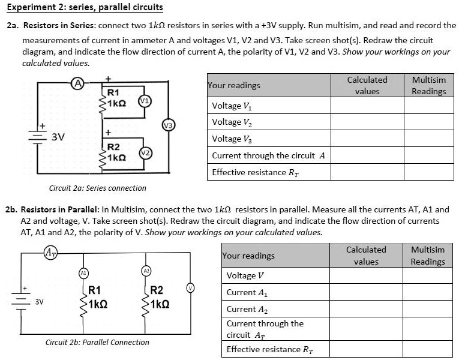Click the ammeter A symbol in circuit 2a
coord(77,83)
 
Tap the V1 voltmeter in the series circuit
coord(144,100)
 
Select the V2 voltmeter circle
coord(144,153)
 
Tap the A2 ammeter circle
coord(145,271)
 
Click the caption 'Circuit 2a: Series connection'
coord(97,188)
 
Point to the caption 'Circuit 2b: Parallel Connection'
coord(97,342)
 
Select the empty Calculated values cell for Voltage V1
coord(367,106)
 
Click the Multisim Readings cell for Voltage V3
coord(428,139)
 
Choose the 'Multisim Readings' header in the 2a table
coord(428,85)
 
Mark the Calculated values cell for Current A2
coord(366,310)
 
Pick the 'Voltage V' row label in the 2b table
coord(245,276)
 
